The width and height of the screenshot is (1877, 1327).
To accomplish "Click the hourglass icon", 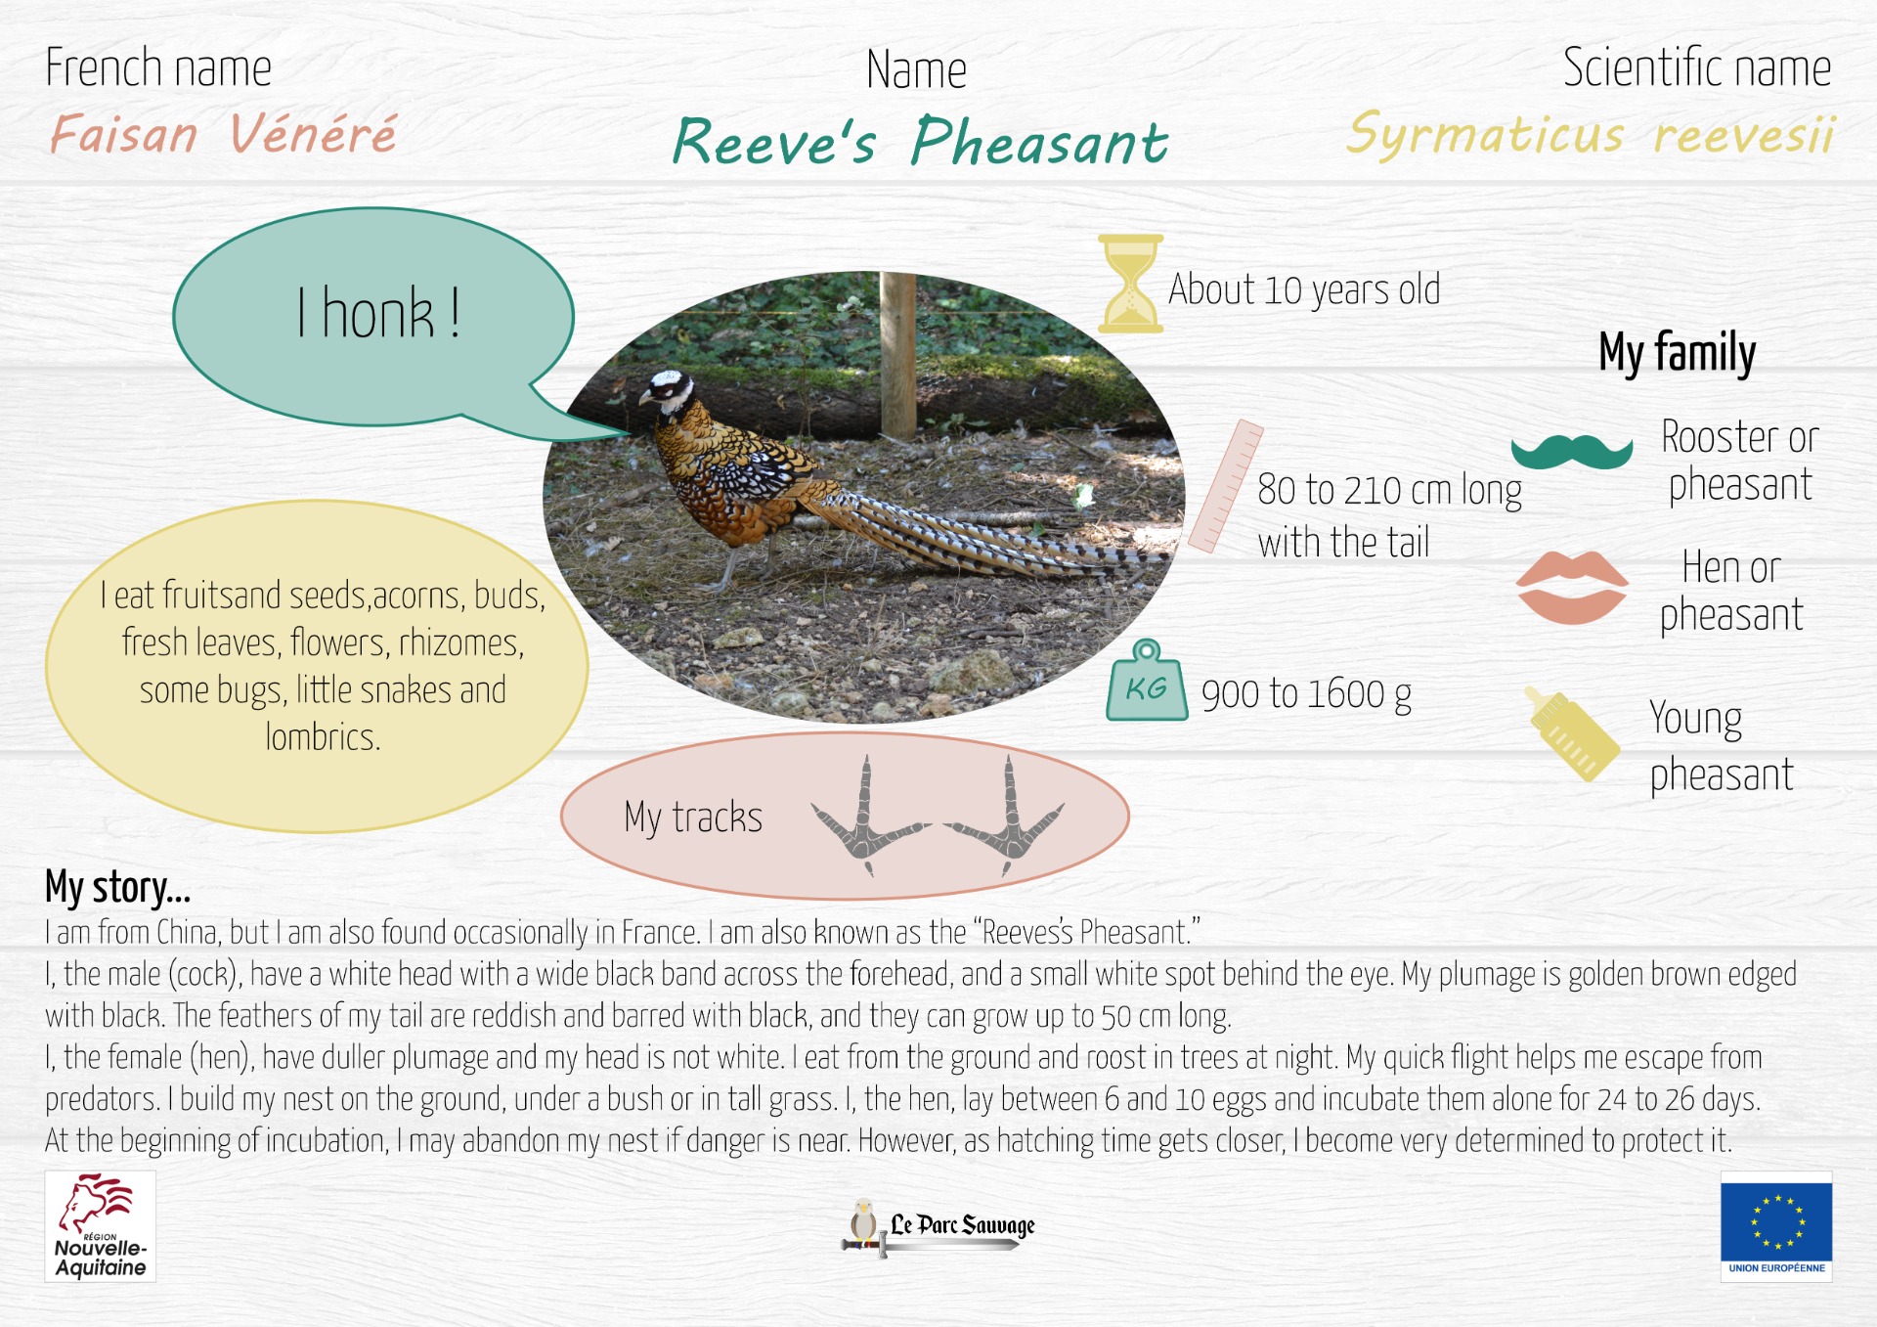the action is (1130, 284).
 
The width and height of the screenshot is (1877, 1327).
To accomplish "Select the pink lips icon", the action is (1572, 587).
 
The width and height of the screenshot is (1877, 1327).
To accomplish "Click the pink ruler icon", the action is (1226, 486).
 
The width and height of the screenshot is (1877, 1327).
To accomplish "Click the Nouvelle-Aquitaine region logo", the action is (100, 1226).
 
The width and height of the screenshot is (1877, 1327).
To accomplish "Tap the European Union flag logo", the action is (1776, 1226).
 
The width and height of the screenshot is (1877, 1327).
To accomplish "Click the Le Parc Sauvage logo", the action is (938, 1227).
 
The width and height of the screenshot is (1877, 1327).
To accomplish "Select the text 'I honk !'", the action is (379, 314).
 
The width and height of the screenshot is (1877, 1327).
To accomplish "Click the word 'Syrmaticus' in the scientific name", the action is (1485, 134).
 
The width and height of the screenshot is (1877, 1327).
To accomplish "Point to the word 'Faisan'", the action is (124, 134).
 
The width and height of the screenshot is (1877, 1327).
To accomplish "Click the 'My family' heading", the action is (1677, 353).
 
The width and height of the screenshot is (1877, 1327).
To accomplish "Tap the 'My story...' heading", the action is (117, 887).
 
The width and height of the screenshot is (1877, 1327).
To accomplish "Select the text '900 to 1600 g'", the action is (1306, 695).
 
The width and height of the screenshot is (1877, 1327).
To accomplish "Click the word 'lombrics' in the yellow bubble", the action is (323, 736).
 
